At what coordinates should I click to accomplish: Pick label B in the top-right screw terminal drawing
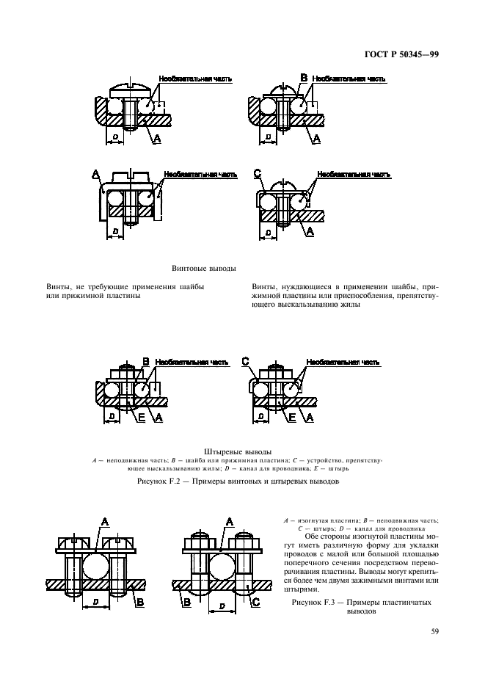coord(304,77)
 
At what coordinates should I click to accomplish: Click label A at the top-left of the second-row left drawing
coord(96,174)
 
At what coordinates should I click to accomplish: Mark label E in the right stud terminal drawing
coord(291,417)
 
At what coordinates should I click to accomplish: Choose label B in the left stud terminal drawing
coord(145,362)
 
